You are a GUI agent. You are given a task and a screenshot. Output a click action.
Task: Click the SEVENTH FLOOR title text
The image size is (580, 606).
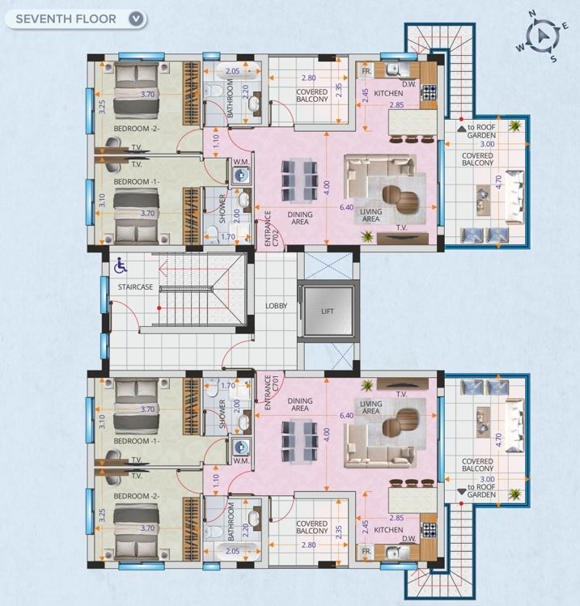(66, 19)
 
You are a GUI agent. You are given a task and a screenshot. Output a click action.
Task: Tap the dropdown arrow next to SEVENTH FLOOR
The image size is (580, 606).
(136, 19)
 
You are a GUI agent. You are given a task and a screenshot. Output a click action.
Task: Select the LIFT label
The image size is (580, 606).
(328, 311)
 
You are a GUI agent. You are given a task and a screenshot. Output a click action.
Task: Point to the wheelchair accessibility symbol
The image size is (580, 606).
(121, 266)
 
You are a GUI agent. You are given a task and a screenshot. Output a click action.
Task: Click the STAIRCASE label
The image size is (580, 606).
(135, 287)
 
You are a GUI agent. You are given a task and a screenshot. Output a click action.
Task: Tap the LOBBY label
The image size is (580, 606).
(277, 306)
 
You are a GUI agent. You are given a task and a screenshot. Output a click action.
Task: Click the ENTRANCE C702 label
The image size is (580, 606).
(271, 228)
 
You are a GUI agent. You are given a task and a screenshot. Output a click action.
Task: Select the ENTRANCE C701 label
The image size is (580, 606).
(271, 392)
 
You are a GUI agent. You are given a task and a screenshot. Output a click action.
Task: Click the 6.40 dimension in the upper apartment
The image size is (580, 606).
(346, 207)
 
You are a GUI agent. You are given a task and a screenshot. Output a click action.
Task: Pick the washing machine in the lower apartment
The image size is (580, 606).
(241, 447)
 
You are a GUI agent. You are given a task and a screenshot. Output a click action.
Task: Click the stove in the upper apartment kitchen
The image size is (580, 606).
(428, 92)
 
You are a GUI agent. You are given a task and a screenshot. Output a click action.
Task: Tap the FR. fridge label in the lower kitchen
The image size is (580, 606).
(366, 551)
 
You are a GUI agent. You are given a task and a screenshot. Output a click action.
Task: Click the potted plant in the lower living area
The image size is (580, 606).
(366, 385)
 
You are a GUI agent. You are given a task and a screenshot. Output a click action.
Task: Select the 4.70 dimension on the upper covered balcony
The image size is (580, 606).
(498, 182)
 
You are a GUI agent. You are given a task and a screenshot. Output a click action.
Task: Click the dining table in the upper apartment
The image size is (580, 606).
(299, 181)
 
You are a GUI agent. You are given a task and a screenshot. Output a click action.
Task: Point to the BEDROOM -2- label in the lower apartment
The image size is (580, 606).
(137, 496)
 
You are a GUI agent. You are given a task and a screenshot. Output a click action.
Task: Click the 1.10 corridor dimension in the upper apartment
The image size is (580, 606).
(216, 141)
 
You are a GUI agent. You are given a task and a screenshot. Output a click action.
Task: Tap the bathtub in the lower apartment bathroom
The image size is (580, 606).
(232, 551)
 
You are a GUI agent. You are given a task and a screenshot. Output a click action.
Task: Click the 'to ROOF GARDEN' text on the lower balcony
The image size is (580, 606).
(481, 491)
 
